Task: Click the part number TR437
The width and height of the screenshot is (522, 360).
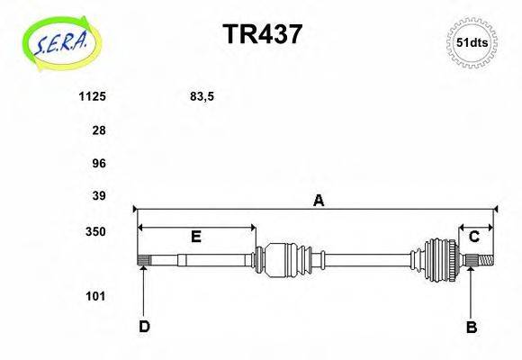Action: [262, 34]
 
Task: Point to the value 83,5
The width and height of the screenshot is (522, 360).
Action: [202, 94]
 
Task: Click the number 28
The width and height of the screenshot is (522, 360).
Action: [99, 130]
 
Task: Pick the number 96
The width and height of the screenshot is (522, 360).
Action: [99, 163]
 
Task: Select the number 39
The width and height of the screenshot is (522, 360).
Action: [99, 195]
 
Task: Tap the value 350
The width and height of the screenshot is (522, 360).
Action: [95, 231]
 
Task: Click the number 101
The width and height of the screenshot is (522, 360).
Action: [95, 295]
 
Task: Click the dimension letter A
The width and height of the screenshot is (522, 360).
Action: [318, 202]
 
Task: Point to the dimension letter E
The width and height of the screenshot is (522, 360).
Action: [195, 237]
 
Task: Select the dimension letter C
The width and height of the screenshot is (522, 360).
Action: [473, 237]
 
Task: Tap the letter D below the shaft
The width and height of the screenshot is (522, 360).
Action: [144, 327]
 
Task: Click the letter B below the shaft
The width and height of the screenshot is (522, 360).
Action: [471, 328]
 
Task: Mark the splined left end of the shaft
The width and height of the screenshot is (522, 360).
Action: [143, 260]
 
